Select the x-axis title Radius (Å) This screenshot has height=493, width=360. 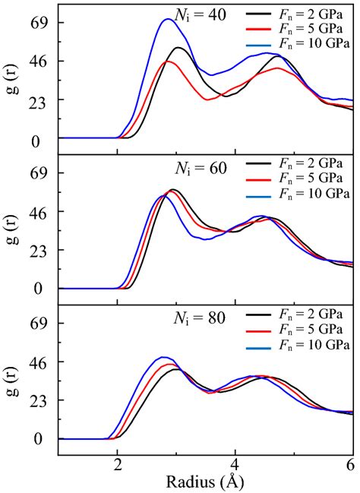(206, 481)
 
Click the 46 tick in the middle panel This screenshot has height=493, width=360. (38, 212)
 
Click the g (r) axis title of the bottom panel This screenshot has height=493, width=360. (10, 380)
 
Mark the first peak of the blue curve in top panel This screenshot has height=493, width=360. (169, 20)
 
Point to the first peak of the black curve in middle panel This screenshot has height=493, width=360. (174, 190)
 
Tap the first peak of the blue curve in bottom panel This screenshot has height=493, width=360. (162, 357)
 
